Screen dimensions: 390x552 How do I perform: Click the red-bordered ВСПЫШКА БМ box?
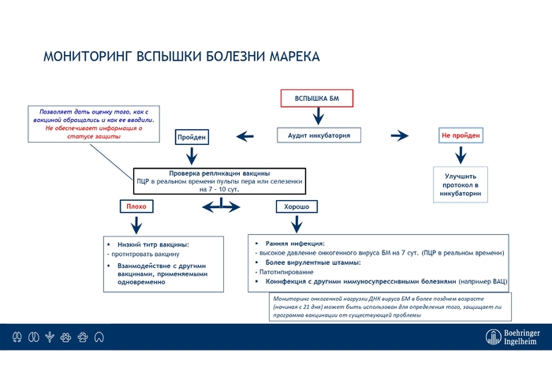[316, 98]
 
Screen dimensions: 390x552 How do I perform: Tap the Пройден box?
[192, 137]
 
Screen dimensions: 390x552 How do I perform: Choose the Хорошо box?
[296, 206]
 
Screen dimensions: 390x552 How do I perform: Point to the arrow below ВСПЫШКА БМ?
[317, 116]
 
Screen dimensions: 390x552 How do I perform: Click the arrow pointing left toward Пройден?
[245, 137]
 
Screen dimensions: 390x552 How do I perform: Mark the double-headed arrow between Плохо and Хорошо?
[220, 207]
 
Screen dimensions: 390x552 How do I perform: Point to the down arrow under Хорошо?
[297, 224]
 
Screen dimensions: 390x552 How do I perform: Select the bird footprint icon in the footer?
[50, 337]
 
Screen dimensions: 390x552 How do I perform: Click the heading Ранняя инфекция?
[295, 243]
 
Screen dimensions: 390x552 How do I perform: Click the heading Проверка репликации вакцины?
[220, 173]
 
